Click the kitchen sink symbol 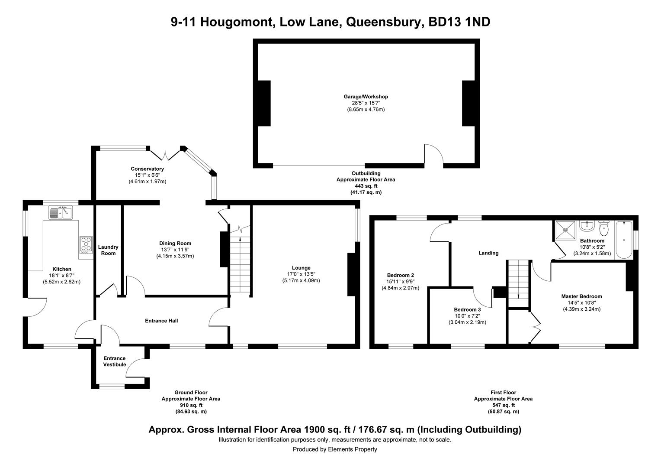(x=61, y=213)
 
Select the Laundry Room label (x=108, y=250)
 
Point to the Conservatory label (x=147, y=169)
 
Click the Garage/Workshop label (x=366, y=97)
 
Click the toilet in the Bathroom (x=604, y=227)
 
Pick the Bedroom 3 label (x=467, y=310)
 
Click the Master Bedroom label (x=581, y=296)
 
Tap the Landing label (x=488, y=253)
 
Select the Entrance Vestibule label (x=115, y=361)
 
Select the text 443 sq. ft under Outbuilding (x=366, y=186)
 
